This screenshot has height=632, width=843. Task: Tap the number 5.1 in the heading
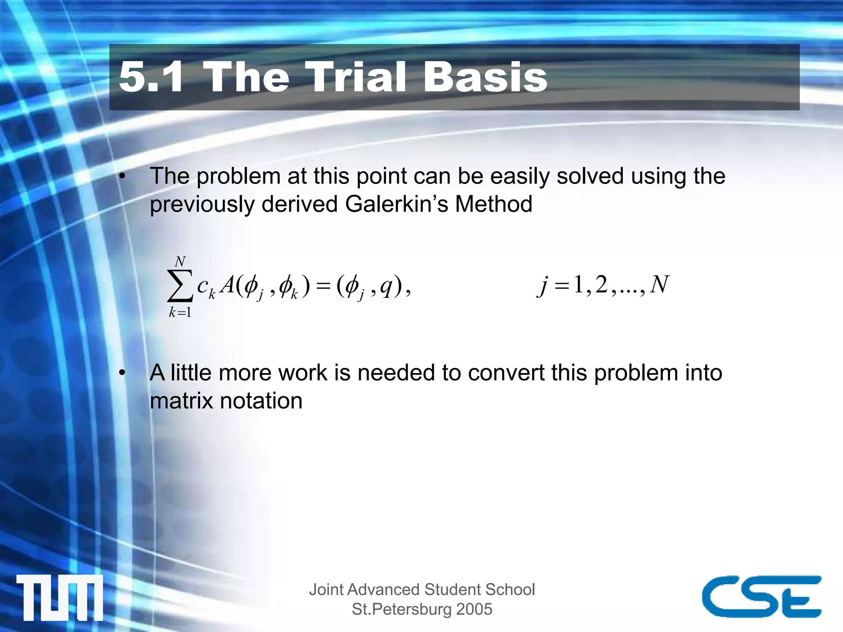(151, 77)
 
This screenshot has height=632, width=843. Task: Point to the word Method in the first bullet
(494, 204)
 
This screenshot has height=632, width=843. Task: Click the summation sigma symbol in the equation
(180, 286)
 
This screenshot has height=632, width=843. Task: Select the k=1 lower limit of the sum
(180, 313)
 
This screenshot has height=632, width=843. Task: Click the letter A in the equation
(227, 285)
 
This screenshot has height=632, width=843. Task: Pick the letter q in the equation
(386, 286)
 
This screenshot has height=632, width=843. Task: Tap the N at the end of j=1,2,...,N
(659, 284)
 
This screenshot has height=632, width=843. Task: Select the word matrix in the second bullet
(181, 401)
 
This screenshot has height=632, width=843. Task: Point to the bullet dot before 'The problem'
(122, 177)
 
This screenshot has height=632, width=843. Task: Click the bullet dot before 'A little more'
(122, 373)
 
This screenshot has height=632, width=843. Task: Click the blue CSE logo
(761, 596)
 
